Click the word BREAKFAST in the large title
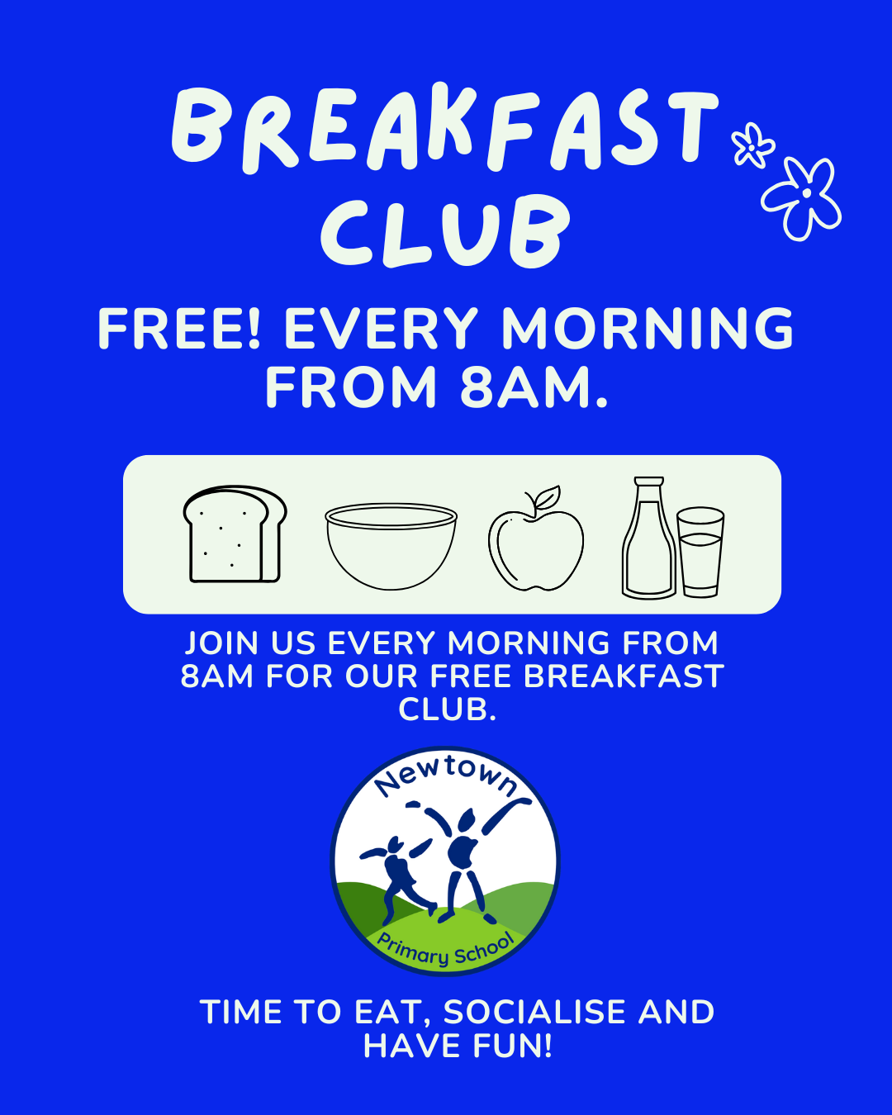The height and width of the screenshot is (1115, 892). (444, 130)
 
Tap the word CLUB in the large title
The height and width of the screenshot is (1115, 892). (444, 231)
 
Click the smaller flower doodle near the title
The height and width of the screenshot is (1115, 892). (752, 145)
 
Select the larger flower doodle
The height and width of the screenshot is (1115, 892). (802, 199)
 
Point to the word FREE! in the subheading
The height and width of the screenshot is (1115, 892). (179, 329)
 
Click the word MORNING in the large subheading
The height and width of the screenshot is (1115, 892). (648, 329)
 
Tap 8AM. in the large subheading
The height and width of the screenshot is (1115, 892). (534, 387)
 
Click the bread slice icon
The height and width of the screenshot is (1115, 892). (235, 534)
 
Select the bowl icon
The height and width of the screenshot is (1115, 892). (391, 546)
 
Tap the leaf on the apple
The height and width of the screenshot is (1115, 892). (548, 496)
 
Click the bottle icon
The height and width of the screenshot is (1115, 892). (649, 538)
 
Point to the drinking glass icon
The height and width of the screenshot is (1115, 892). (700, 553)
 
